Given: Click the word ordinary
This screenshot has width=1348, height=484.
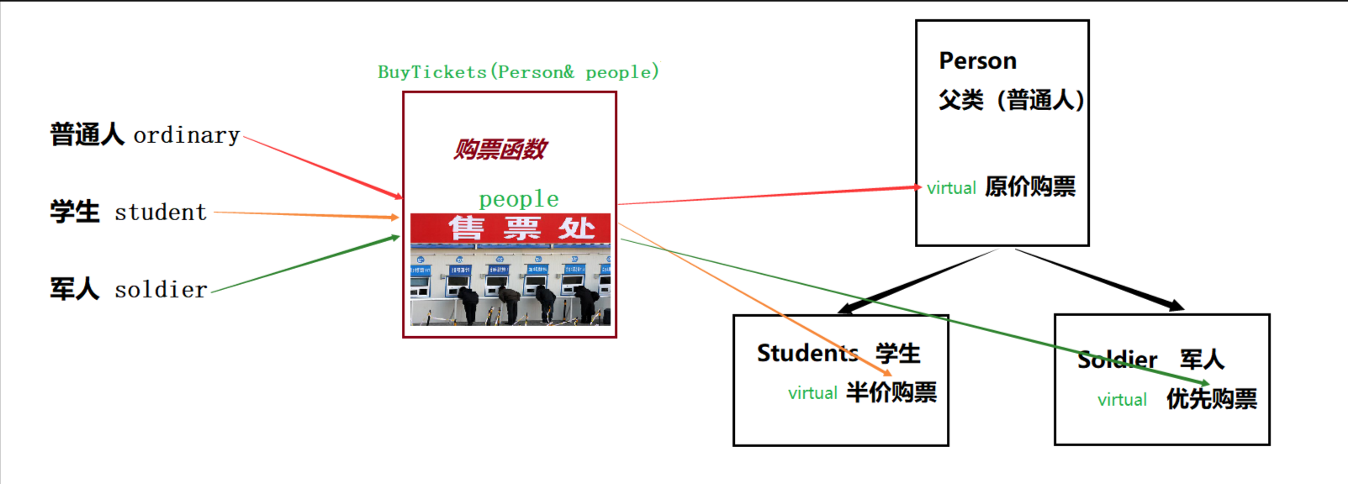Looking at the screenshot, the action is coord(187,135).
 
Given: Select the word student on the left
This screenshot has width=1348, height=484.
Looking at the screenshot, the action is coord(161,213).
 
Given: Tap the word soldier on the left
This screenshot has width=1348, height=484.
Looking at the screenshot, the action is coord(161,290).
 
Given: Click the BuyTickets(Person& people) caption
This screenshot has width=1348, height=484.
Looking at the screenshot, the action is coord(518,72).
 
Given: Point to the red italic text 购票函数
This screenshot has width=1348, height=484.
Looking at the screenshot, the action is coord(500,150).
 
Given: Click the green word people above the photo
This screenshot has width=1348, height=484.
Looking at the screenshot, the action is coord(519,199).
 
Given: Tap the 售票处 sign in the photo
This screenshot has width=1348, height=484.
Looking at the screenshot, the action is coord(521,228).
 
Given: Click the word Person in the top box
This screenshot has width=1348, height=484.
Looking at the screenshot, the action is coord(978,61).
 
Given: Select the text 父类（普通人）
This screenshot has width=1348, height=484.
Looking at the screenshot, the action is coord(1012,100).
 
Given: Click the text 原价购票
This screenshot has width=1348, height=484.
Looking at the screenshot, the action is coord(1030,187).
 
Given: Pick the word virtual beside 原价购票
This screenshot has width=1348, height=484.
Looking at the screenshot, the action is coord(951,188).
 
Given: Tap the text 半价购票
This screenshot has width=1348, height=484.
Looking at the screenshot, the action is coord(891,392).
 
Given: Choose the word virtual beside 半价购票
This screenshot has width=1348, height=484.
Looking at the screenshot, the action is coord(812,393).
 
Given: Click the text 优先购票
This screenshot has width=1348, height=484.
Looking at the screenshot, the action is coord(1212,399).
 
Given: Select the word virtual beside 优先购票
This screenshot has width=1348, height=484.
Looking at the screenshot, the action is coord(1122,400).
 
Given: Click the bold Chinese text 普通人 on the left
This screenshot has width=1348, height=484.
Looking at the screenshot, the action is coord(87,134).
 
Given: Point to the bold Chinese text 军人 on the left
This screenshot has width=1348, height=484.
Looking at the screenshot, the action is coord(74,289).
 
